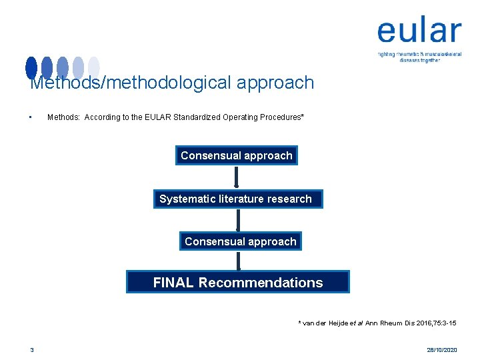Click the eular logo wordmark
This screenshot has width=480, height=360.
[419, 31]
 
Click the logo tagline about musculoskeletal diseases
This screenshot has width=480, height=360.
[419, 57]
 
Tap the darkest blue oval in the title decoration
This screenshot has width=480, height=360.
[31, 67]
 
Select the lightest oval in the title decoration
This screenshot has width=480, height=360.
[94, 67]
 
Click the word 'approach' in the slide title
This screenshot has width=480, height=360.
[275, 83]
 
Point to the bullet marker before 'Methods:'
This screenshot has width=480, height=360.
[31, 117]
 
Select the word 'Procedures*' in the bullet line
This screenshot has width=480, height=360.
[281, 117]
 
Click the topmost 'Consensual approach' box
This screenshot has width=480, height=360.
[236, 155]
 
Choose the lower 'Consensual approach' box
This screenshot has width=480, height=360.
[240, 241]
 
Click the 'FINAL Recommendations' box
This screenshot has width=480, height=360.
[238, 282]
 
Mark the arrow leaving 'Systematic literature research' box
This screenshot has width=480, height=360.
[238, 219]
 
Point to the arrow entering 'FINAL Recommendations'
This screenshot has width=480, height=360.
[239, 260]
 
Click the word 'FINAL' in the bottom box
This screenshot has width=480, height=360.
[173, 282]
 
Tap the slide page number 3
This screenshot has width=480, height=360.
[31, 349]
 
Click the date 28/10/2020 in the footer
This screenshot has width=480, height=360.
[441, 349]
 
